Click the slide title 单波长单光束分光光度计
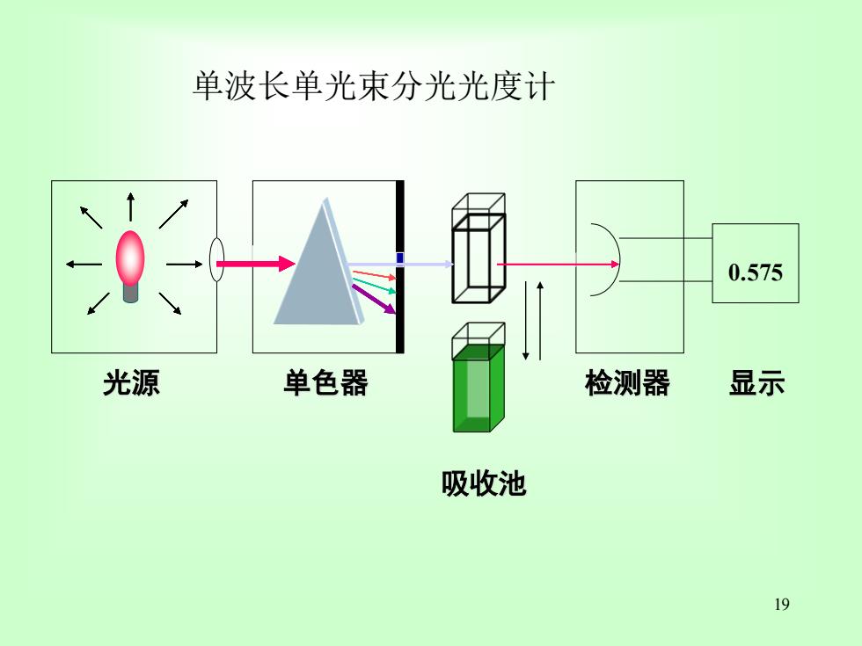[374, 86]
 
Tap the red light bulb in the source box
[130, 258]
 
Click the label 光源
[131, 383]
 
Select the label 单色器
[325, 383]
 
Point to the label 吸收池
[484, 484]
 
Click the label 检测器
[627, 383]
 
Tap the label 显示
[756, 383]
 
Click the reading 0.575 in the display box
[756, 272]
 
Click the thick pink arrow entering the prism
[256, 264]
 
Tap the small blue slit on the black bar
[399, 258]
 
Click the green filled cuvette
[478, 388]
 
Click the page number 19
[782, 605]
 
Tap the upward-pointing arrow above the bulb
[130, 207]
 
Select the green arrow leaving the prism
[374, 287]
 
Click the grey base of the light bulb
[130, 293]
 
